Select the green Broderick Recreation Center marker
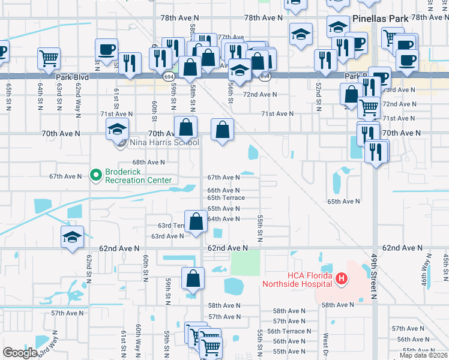95,175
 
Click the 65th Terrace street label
226,197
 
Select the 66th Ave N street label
223,190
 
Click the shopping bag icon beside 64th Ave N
196,221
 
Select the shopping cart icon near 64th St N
49,58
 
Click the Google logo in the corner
20,353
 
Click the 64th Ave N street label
223,219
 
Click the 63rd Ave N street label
167,236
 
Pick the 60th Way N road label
138,341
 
